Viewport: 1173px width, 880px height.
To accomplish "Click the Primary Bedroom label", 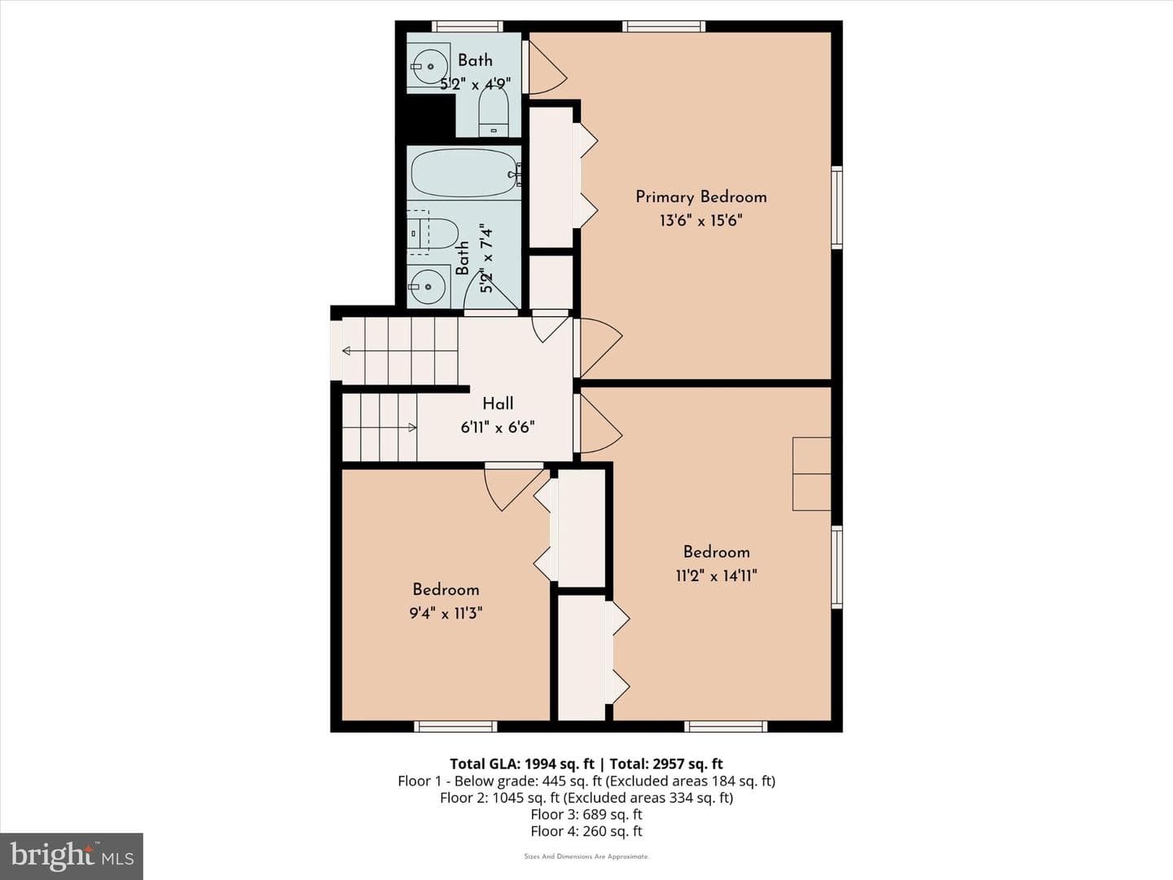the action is pyautogui.click(x=701, y=197).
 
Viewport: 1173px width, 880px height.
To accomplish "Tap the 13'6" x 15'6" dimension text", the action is pyautogui.click(x=701, y=220).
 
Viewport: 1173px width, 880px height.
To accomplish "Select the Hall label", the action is pyautogui.click(x=498, y=403).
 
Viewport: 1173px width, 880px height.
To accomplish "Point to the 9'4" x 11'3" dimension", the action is pyautogui.click(x=446, y=613).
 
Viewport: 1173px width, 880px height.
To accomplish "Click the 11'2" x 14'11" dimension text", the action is pyautogui.click(x=716, y=575).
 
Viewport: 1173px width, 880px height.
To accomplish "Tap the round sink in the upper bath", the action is pyautogui.click(x=429, y=66).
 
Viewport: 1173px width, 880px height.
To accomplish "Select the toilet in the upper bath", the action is pyautogui.click(x=494, y=111).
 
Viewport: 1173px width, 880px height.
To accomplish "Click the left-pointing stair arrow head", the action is pyautogui.click(x=346, y=351).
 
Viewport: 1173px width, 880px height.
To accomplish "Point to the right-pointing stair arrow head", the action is pyautogui.click(x=412, y=427).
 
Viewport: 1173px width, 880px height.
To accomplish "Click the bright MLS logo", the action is pyautogui.click(x=72, y=856).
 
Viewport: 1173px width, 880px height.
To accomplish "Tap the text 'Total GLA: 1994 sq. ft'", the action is pyautogui.click(x=521, y=763).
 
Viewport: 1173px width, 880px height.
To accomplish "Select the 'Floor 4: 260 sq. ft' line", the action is pyautogui.click(x=586, y=831).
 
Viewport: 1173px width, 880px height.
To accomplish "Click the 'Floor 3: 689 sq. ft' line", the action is pyautogui.click(x=586, y=814).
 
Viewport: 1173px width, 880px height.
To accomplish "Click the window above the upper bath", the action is pyautogui.click(x=468, y=26).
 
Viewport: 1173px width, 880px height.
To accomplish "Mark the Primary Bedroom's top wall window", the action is pyautogui.click(x=664, y=26).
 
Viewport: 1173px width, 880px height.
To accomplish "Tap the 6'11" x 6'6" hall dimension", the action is pyautogui.click(x=498, y=428).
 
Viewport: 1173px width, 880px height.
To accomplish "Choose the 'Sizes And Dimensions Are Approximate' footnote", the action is pyautogui.click(x=586, y=856).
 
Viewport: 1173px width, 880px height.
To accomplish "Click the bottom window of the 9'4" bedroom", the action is pyautogui.click(x=456, y=727).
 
